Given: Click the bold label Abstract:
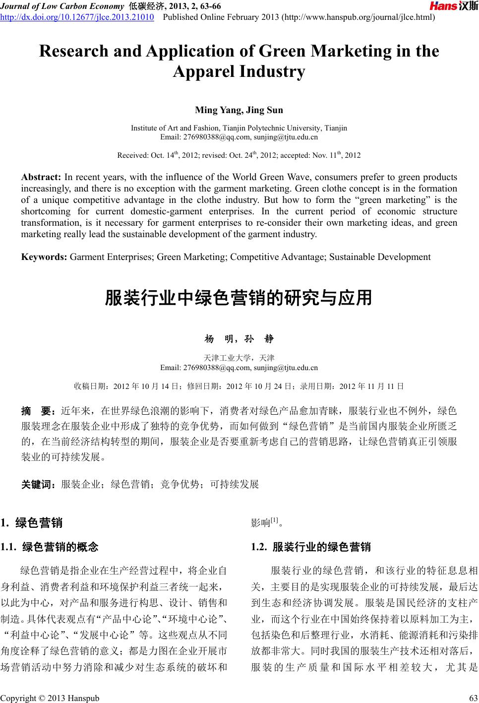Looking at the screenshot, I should click(x=41, y=177).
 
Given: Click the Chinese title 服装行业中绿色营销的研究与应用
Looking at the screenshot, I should click(x=239, y=298).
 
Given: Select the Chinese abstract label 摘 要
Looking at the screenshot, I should click(x=38, y=411).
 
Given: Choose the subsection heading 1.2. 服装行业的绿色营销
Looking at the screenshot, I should click(x=311, y=547).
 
